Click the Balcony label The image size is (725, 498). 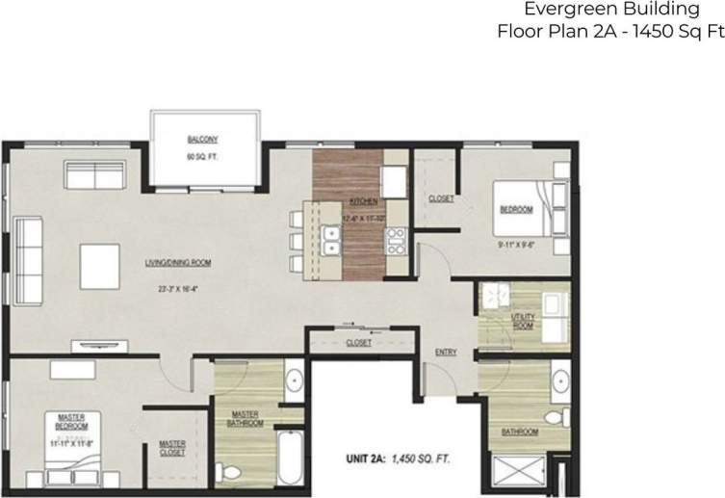[x=203, y=138]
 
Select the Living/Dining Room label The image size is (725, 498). [x=179, y=262]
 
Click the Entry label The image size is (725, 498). [x=445, y=352]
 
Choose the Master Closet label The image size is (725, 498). [x=172, y=448]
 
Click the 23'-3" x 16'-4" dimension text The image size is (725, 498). [x=178, y=287]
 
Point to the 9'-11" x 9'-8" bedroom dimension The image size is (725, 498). [x=516, y=246]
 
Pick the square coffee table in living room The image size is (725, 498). [x=98, y=264]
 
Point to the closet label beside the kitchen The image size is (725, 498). [x=440, y=197]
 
